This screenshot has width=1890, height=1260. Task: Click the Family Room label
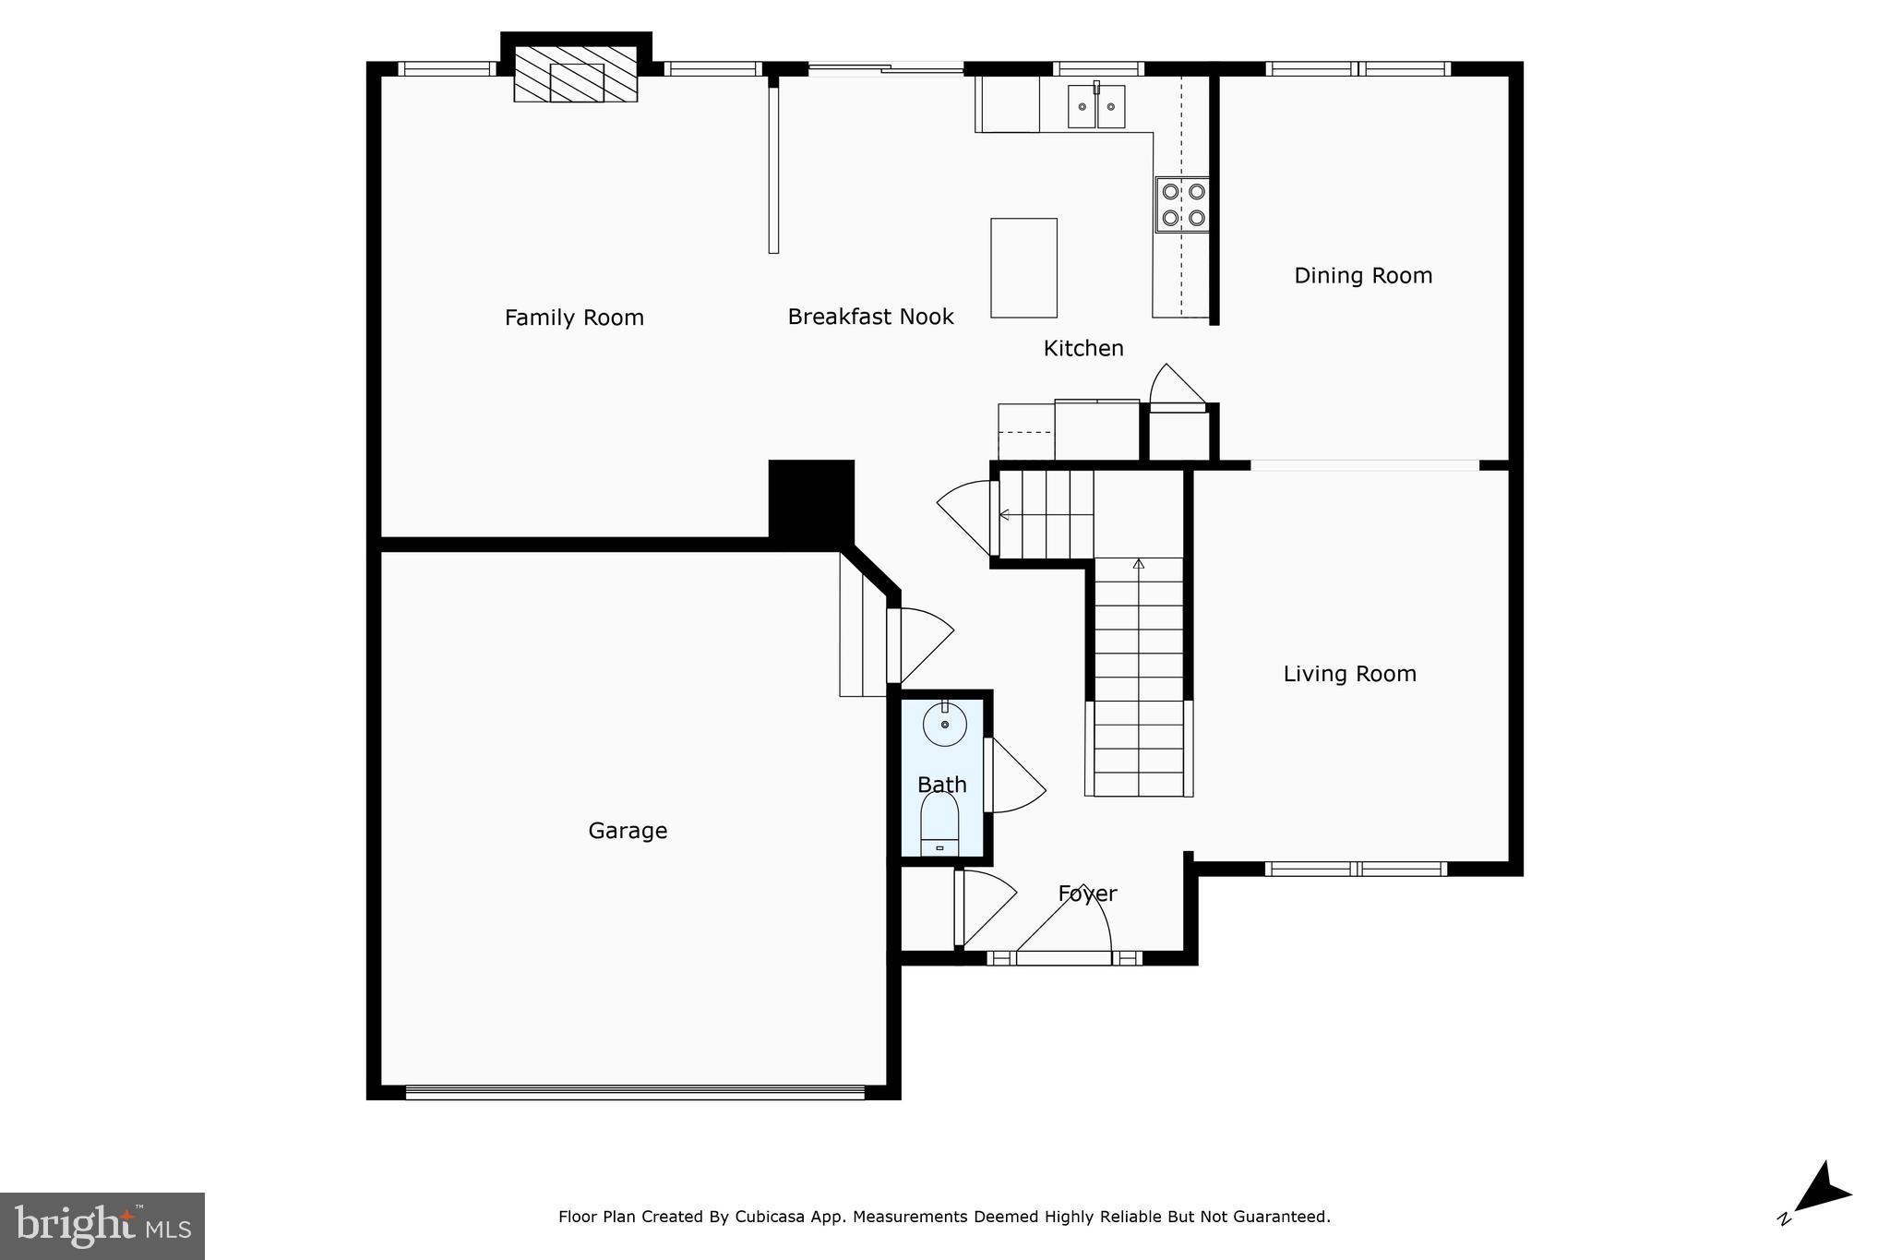[574, 318]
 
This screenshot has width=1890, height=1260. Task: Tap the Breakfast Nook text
[870, 317]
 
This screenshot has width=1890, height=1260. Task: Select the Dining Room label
[1363, 275]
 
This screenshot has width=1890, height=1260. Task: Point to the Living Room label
[1349, 674]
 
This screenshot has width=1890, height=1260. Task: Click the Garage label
[628, 831]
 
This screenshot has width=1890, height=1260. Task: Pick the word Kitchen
[1083, 348]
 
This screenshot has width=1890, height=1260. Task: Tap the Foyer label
[1087, 894]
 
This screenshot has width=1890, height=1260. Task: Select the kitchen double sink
[1096, 106]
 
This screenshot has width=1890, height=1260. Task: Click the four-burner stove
[1183, 205]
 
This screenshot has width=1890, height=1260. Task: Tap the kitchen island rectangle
[1023, 268]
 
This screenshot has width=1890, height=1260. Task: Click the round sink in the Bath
[945, 724]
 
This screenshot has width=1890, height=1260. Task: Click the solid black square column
[811, 499]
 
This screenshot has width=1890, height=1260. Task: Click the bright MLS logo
[102, 1226]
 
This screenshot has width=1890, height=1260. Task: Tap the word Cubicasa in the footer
[768, 1217]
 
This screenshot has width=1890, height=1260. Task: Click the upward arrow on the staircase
[1138, 564]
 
